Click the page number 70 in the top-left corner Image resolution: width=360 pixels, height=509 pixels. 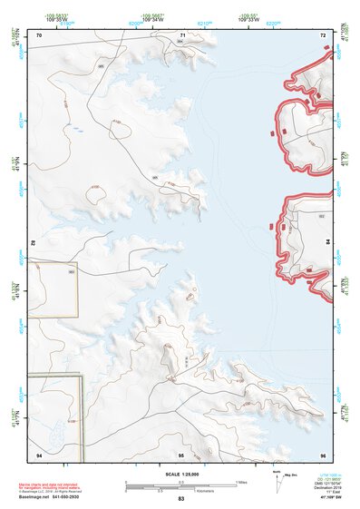click(x=39, y=34)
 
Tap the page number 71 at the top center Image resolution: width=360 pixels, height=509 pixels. click(x=182, y=34)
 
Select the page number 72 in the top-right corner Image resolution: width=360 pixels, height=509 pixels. click(x=322, y=34)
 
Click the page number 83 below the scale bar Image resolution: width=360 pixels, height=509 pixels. click(x=181, y=499)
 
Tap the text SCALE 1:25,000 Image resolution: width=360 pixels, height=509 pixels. click(x=181, y=474)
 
